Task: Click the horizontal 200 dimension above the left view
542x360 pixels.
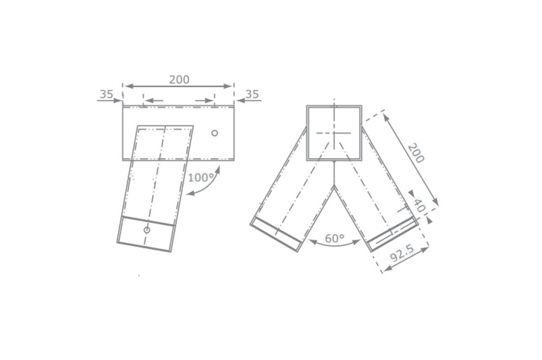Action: click(x=179, y=79)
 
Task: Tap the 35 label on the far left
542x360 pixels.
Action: click(x=106, y=94)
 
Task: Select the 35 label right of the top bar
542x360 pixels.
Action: click(x=252, y=94)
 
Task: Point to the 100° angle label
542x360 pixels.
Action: click(x=201, y=178)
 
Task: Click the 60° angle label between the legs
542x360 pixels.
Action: click(x=335, y=238)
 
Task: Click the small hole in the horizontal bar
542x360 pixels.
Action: click(x=214, y=133)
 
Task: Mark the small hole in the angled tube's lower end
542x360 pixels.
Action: click(x=147, y=230)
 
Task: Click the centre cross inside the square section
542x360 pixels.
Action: click(x=334, y=133)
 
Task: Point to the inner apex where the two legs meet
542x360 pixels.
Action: click(x=334, y=186)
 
